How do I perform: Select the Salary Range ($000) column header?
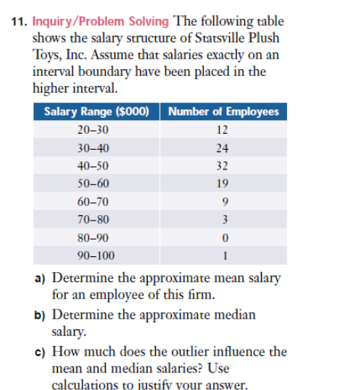[x=96, y=112]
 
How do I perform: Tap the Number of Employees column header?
[x=222, y=112]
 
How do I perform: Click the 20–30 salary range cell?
[x=93, y=131]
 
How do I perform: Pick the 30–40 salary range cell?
[x=93, y=148]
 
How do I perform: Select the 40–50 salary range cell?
[x=93, y=166]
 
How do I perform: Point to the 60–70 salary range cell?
[x=93, y=201]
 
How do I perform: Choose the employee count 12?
[x=222, y=131]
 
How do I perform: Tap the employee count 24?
[x=222, y=148]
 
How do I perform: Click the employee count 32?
[x=222, y=166]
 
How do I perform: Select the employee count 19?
[x=222, y=183]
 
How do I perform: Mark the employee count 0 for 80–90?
[x=222, y=237]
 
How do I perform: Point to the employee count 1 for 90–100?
[x=222, y=255]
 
